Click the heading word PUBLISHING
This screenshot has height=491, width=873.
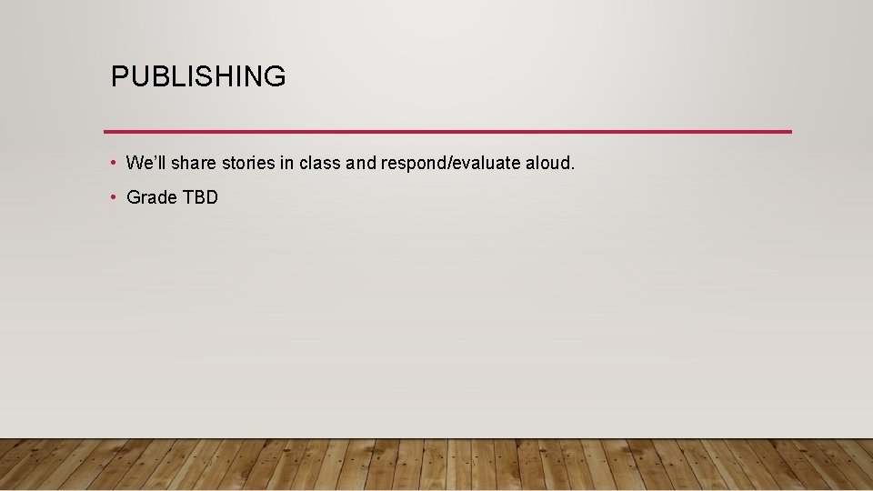coord(198,76)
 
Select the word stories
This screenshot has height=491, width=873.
coord(248,164)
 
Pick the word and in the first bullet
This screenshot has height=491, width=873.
coord(361,164)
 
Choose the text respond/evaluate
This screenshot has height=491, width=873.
coord(450,165)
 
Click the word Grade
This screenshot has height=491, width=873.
coord(152,197)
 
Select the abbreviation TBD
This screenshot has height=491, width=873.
coord(201,197)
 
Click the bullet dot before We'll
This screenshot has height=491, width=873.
coord(112,164)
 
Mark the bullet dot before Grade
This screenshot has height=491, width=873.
coord(112,197)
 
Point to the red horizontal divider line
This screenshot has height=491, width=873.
coord(447,132)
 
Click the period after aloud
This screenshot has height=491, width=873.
coord(573,169)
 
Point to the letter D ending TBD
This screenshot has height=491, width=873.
coord(211,197)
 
